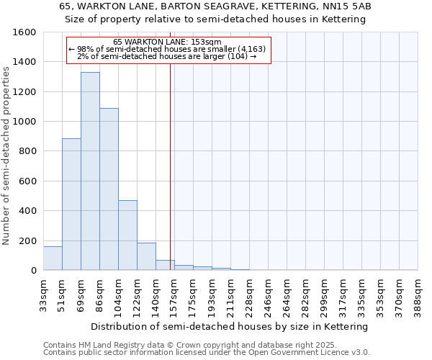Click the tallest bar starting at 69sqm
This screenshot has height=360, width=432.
click(90, 171)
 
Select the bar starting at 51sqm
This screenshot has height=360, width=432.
click(71, 204)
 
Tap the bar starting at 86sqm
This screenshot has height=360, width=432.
click(109, 189)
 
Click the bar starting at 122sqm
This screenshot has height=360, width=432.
click(146, 256)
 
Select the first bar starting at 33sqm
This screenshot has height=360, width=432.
click(53, 258)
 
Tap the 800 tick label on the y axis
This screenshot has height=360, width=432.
click(27, 151)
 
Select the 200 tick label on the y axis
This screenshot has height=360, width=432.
click(27, 240)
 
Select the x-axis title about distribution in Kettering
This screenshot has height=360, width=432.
click(230, 326)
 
